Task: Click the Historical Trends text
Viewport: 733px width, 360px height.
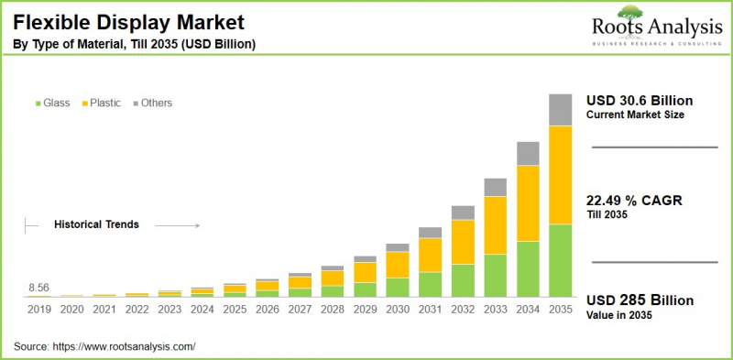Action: [x=96, y=224]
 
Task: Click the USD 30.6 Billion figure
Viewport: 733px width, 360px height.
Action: [x=640, y=101]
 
